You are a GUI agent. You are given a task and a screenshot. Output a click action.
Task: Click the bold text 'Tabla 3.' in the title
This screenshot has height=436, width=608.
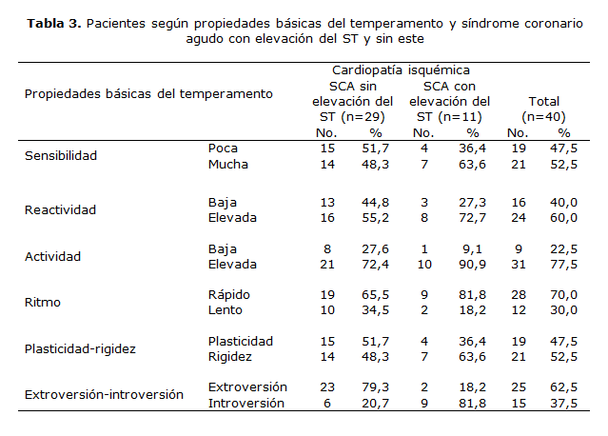[x=53, y=24]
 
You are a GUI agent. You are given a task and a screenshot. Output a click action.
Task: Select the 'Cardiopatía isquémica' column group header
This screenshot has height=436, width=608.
[x=401, y=70]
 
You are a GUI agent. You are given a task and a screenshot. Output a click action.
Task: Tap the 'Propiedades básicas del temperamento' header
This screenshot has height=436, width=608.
[x=148, y=93]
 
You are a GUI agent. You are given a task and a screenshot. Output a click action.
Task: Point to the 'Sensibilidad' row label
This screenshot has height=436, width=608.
[x=61, y=155]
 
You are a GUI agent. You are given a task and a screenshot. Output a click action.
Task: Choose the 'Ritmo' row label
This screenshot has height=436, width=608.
[x=42, y=302]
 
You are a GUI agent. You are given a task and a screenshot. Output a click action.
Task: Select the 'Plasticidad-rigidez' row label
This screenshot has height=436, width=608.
[x=79, y=348]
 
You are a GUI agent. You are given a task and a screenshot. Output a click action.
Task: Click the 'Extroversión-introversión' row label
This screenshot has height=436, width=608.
[x=103, y=394]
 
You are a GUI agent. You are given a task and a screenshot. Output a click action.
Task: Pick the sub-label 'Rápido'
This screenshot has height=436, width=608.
[x=229, y=294]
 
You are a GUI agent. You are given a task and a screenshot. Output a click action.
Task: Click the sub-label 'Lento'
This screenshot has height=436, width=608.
[x=226, y=309]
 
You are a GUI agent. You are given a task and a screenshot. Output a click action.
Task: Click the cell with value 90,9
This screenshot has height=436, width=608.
[x=475, y=264]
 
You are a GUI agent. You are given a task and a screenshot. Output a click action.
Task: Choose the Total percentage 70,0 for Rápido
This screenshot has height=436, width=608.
[x=564, y=294]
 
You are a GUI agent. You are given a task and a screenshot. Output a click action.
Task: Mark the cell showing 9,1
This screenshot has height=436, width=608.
[x=478, y=248]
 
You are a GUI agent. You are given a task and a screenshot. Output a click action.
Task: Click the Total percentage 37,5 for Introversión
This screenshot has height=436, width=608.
[x=564, y=403]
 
